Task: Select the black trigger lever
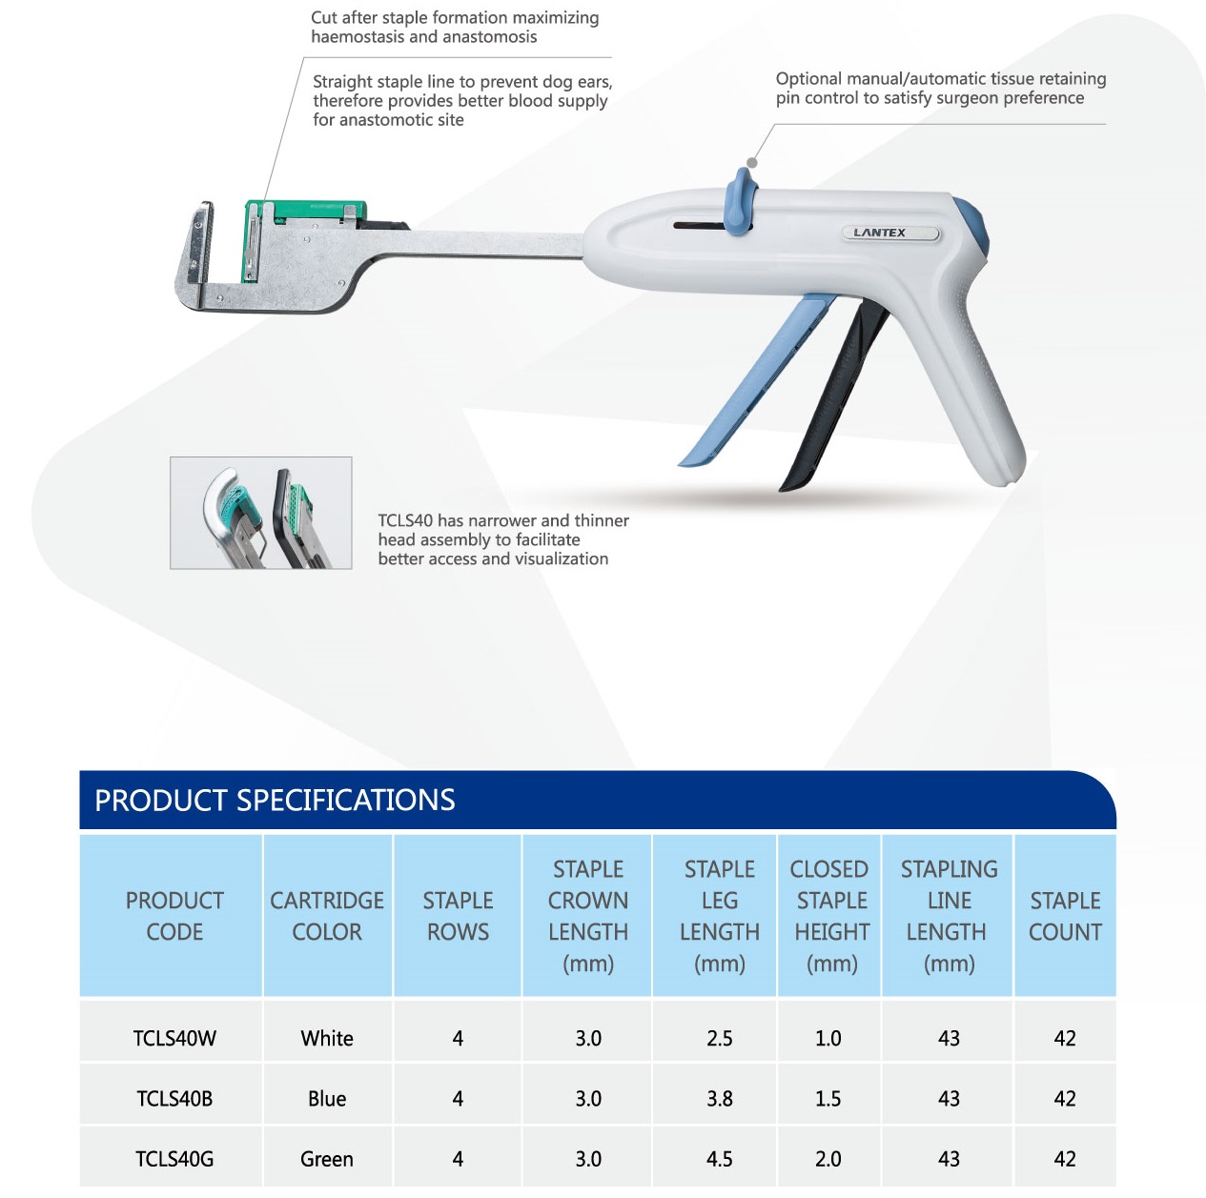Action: click(833, 396)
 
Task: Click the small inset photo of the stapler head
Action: click(261, 513)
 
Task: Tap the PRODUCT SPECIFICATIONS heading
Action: click(275, 800)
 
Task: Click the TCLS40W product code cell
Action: click(174, 1039)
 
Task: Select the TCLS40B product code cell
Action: click(174, 1099)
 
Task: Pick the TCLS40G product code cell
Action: click(174, 1159)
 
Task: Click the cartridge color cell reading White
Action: click(327, 1039)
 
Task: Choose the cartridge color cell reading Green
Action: click(327, 1159)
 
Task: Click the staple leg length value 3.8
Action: click(719, 1099)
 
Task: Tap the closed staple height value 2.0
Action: click(828, 1159)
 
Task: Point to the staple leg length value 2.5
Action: click(719, 1039)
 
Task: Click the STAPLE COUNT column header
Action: click(1065, 916)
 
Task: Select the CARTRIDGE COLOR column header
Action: click(327, 916)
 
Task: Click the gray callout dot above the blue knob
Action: click(752, 163)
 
